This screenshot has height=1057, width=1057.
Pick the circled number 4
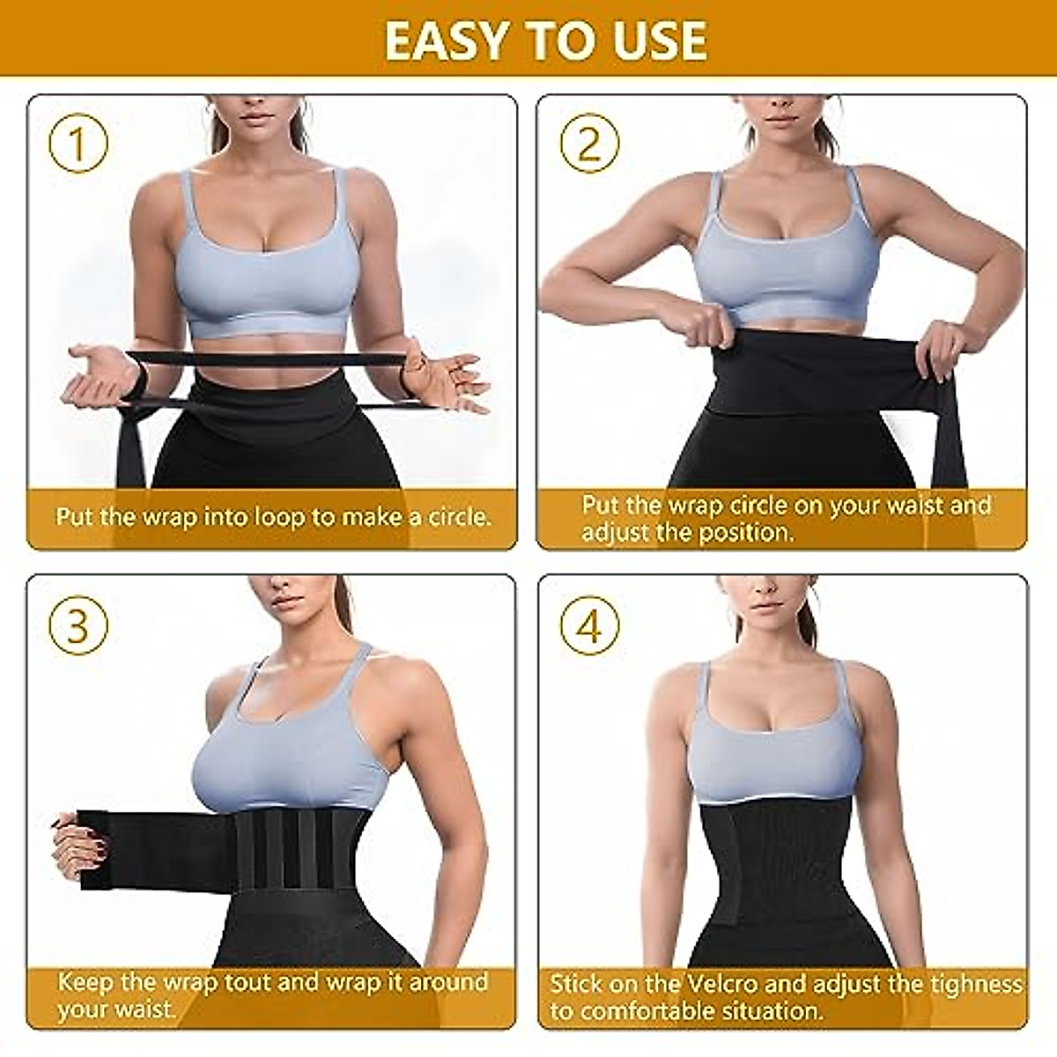coord(590,627)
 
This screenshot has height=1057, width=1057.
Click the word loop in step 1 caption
coord(280,516)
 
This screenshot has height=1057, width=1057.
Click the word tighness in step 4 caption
coord(974,984)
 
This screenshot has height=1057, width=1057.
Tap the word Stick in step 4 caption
coord(577,983)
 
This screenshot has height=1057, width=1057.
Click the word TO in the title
coord(563,40)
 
